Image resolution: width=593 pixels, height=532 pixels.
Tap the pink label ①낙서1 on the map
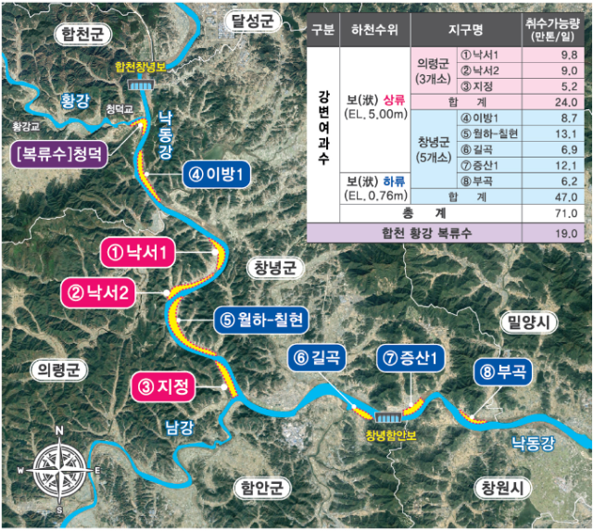[x=135, y=252]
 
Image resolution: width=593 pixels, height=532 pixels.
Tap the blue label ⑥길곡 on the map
[x=321, y=357]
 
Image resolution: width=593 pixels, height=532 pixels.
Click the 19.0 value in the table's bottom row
[x=556, y=233]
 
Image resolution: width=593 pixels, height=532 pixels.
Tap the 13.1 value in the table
[x=556, y=133]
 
